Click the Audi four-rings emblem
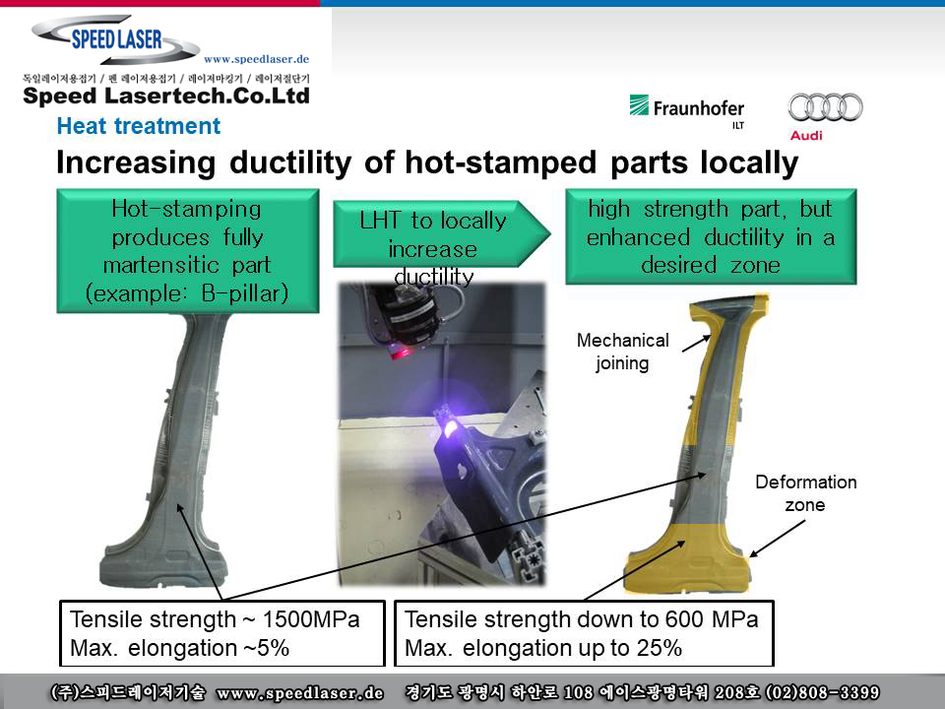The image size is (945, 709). point(825,107)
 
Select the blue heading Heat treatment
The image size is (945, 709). point(139,126)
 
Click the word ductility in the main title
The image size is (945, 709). point(290,163)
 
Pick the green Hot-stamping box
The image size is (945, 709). point(187,251)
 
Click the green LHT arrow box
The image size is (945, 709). point(441,234)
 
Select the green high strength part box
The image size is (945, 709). point(711,236)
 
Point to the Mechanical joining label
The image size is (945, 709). point(622,352)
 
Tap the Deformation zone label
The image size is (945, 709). point(806,493)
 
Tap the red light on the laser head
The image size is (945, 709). point(402,352)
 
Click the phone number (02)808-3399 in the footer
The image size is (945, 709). point(822,692)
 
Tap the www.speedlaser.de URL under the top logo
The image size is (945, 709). point(256,59)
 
